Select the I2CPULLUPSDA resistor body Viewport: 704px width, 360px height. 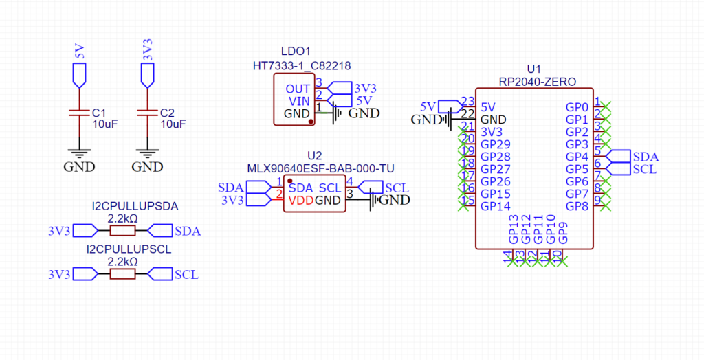123,230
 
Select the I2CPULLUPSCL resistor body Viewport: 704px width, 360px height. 123,274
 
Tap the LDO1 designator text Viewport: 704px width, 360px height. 296,52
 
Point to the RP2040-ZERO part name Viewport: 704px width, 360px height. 537,81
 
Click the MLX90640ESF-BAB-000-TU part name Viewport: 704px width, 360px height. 320,168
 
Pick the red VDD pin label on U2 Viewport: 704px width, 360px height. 300,201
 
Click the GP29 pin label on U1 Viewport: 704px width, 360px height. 495,144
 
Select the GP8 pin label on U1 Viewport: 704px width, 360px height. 576,206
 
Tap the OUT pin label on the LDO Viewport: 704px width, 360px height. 298,89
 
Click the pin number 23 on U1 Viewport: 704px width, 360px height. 468,101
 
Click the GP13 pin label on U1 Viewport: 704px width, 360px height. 513,229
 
